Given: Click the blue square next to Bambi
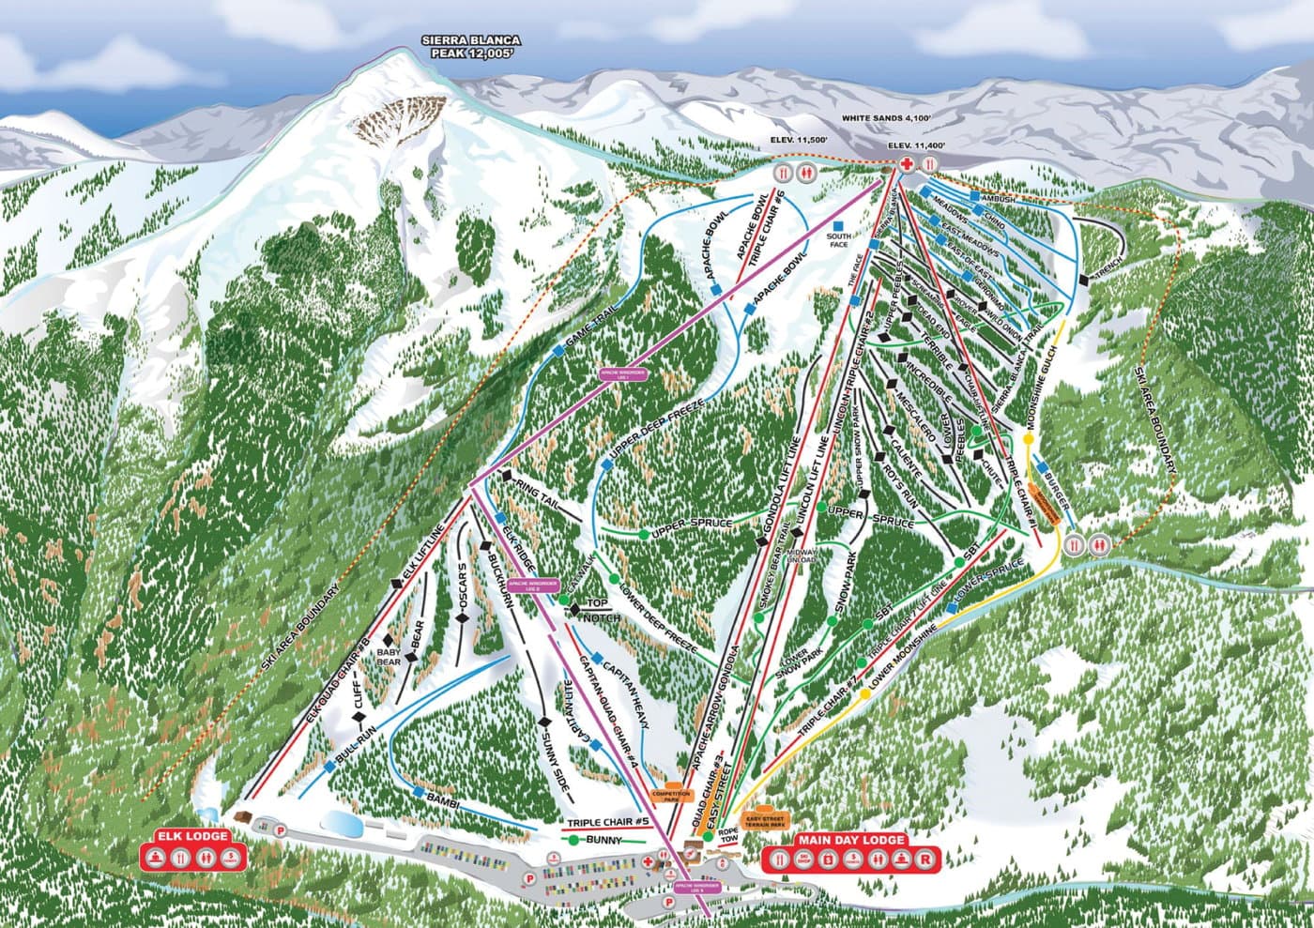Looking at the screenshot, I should point(418,792).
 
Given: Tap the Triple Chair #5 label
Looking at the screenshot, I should point(608,823).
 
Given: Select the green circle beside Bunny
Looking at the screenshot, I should point(573,840).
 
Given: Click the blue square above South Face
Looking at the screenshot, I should point(841,225).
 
